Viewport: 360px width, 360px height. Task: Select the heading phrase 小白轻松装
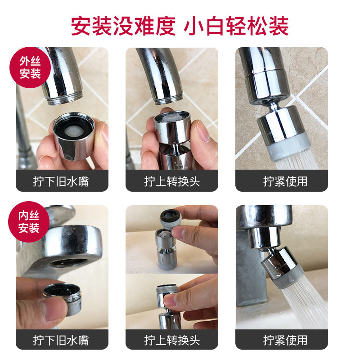pyautogui.click(x=236, y=26)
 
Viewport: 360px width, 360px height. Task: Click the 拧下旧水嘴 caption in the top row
pyautogui.click(x=62, y=181)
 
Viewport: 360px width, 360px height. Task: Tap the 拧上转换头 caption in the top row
pyautogui.click(x=172, y=181)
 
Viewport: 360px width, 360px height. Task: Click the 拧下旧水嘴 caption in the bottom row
pyautogui.click(x=62, y=340)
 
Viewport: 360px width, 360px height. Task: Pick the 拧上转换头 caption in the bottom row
pyautogui.click(x=172, y=340)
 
